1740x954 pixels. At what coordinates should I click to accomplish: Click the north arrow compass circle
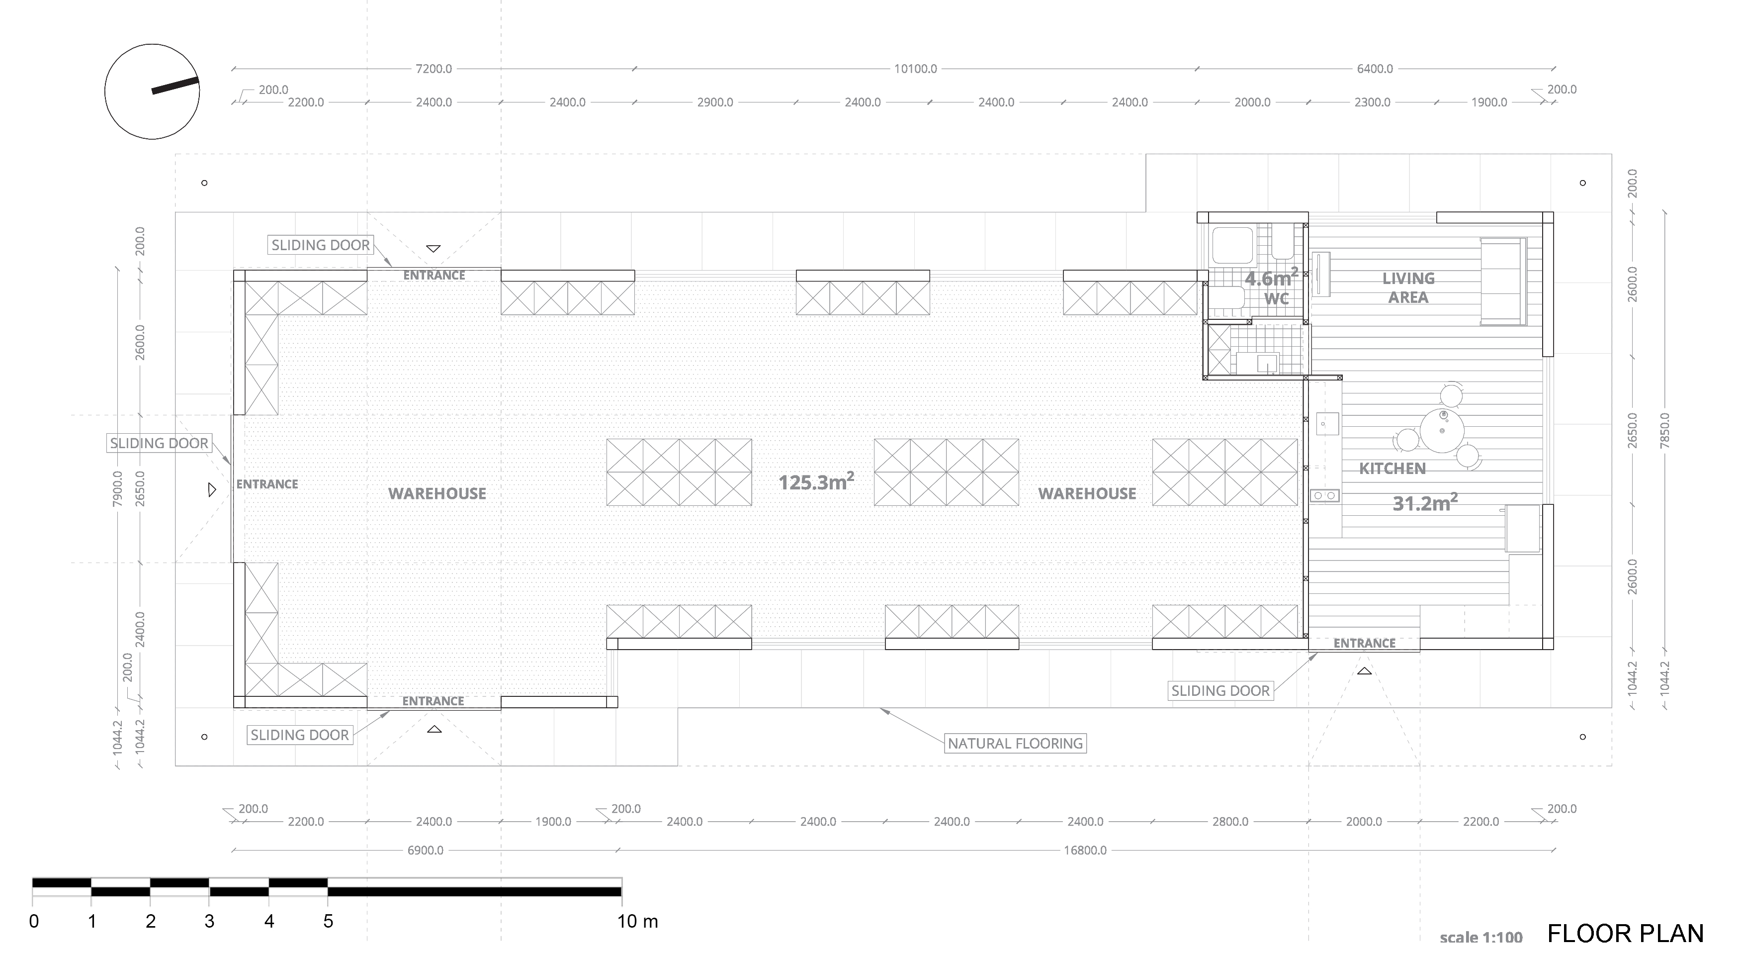[x=105, y=92]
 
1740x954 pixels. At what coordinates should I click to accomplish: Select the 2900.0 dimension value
[x=715, y=102]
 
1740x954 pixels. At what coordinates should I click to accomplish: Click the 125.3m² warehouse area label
[x=816, y=482]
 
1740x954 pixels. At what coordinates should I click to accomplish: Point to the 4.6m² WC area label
[x=1271, y=277]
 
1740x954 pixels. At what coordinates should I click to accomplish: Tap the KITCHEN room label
[x=1392, y=468]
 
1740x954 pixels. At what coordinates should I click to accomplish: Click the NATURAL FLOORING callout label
[x=1015, y=743]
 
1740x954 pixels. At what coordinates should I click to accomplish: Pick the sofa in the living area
[x=1503, y=281]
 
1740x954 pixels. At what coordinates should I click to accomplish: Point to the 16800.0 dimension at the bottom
[x=1085, y=851]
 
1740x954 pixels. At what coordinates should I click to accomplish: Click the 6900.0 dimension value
[x=425, y=851]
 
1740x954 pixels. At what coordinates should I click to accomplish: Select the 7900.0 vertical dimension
[x=117, y=489]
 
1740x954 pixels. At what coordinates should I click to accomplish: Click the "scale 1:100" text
[x=1481, y=938]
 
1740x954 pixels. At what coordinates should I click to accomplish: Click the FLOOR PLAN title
[x=1625, y=934]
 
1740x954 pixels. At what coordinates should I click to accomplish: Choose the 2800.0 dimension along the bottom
[x=1230, y=822]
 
